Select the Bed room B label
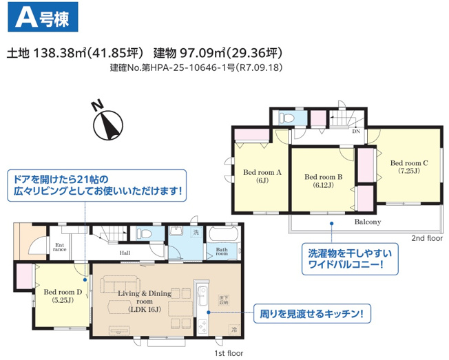pyautogui.click(x=324, y=180)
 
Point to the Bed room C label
pyautogui.click(x=409, y=167)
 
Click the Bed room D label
pyautogui.click(x=63, y=295)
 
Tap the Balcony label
pyautogui.click(x=368, y=222)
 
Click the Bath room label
pyautogui.click(x=222, y=252)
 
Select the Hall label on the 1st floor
pyautogui.click(x=125, y=253)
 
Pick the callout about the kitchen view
pyautogui.click(x=311, y=315)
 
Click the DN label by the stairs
pyautogui.click(x=355, y=131)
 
